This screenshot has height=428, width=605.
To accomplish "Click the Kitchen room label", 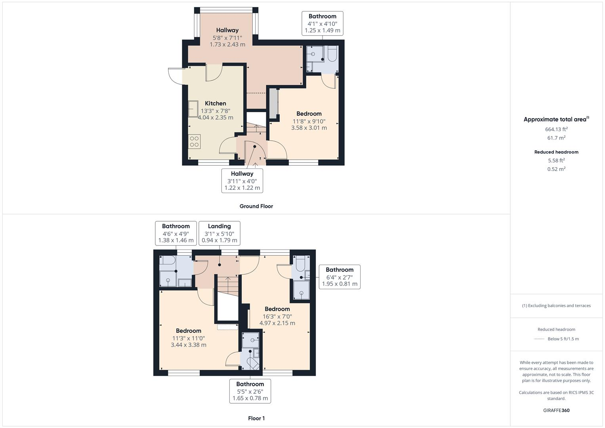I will [x=215, y=103].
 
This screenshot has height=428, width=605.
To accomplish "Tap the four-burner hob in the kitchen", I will [x=194, y=141].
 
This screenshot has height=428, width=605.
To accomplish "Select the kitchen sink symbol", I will [x=193, y=109].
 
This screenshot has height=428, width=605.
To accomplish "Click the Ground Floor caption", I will [x=256, y=206].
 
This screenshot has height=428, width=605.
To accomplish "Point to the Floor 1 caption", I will [x=256, y=418].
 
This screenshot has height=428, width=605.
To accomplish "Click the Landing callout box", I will [x=219, y=233].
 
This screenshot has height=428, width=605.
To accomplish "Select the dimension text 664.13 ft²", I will [x=556, y=129].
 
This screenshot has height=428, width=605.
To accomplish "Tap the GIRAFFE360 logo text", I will [x=556, y=410].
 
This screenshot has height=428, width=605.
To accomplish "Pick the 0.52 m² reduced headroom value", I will [x=556, y=169].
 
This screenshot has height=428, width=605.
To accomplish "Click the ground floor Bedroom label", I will [x=309, y=114].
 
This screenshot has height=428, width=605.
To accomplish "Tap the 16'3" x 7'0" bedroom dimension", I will [x=277, y=316].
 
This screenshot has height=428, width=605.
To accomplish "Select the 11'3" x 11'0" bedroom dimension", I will [x=188, y=338].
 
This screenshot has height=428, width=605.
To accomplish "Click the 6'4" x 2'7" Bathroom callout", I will [x=340, y=277].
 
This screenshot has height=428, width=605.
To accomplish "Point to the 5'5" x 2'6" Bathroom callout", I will [x=250, y=391].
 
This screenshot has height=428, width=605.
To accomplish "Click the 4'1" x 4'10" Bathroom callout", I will [x=322, y=23].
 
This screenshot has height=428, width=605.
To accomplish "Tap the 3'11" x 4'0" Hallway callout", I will [x=242, y=181].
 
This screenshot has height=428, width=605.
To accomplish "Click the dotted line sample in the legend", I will [x=539, y=339].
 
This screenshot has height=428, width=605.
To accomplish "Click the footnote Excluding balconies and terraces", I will [x=556, y=306].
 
